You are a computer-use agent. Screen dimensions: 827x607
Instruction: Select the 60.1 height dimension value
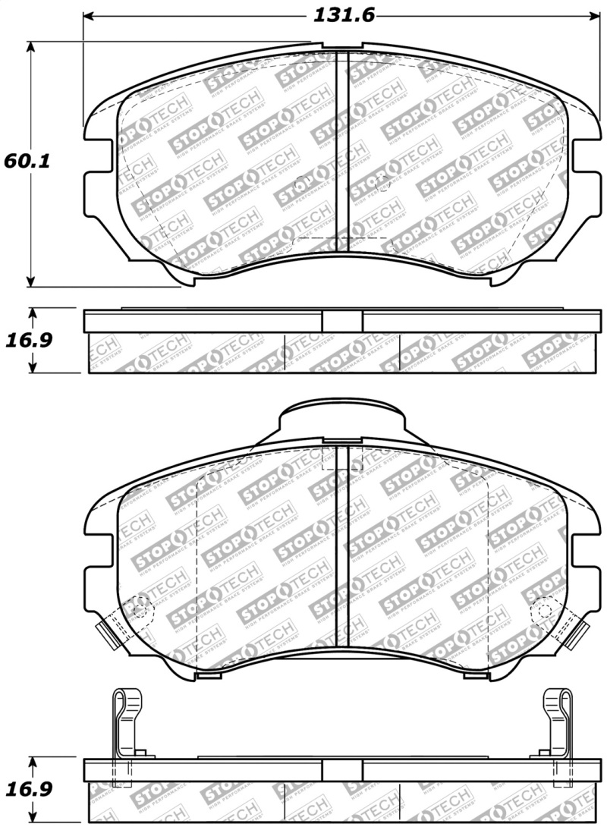pyautogui.click(x=23, y=162)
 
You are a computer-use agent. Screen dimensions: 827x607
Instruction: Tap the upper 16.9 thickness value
pyautogui.click(x=29, y=340)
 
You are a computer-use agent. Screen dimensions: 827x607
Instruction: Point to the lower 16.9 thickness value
pyautogui.click(x=29, y=789)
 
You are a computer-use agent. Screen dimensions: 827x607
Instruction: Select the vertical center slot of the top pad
pyautogui.click(x=341, y=152)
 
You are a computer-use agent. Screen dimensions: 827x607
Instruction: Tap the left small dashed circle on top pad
pyautogui.click(x=303, y=183)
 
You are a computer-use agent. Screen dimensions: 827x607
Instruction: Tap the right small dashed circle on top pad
pyautogui.click(x=382, y=183)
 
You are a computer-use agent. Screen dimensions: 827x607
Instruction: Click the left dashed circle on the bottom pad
pyautogui.click(x=140, y=607)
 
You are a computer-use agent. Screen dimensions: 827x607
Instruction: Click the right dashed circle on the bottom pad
pyautogui.click(x=543, y=607)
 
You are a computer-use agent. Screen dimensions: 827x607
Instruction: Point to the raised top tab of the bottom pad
pyautogui.click(x=341, y=417)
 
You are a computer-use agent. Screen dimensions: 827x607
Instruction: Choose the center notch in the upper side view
pyautogui.click(x=342, y=321)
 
